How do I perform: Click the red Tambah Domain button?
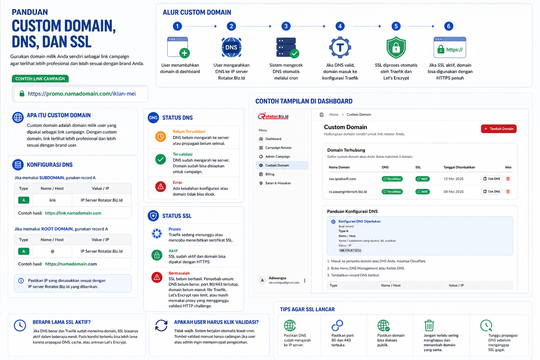click(499, 129)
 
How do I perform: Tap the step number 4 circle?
click(340, 26)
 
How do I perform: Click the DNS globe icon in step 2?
click(231, 47)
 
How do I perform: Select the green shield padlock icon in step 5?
click(396, 47)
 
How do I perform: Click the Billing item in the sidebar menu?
click(270, 174)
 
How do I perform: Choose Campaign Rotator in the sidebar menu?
click(278, 148)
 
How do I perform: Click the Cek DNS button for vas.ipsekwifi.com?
click(491, 179)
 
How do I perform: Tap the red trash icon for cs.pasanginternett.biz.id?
click(508, 192)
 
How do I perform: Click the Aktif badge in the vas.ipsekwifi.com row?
click(422, 179)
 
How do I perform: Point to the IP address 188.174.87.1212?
click(350, 251)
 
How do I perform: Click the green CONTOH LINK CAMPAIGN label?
click(40, 79)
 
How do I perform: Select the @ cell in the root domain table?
click(52, 251)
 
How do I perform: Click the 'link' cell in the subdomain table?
click(52, 200)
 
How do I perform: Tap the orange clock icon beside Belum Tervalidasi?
click(161, 137)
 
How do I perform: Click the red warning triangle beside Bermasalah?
click(157, 277)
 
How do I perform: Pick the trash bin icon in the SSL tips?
click(429, 326)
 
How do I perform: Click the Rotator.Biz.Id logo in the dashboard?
click(273, 116)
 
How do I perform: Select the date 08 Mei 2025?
click(454, 192)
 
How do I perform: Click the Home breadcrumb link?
click(334, 115)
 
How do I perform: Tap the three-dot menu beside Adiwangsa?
click(305, 281)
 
